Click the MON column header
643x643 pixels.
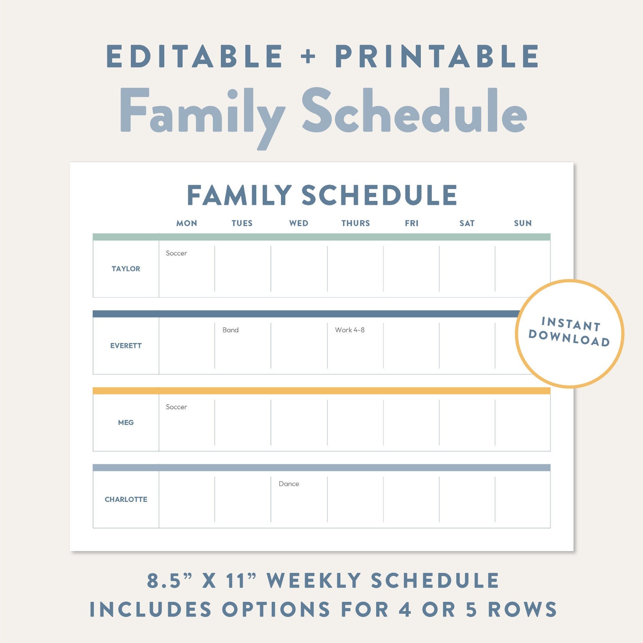[187, 223]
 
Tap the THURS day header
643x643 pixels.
[356, 223]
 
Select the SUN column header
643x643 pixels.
[523, 223]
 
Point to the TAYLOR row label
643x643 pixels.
[126, 269]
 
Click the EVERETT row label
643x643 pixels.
[126, 346]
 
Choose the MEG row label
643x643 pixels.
[126, 423]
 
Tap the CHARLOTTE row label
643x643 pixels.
[126, 500]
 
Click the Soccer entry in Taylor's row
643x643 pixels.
[177, 253]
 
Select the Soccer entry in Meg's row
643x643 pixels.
[177, 407]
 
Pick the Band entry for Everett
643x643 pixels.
[230, 330]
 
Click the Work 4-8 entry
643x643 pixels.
[350, 330]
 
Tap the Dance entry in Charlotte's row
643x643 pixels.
[289, 484]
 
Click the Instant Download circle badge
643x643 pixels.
[569, 334]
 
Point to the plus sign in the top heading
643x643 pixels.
[308, 56]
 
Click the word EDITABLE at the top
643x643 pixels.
[194, 56]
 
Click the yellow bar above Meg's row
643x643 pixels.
[321, 391]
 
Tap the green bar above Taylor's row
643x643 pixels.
[321, 237]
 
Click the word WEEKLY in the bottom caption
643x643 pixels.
[313, 581]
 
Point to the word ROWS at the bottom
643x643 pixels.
[522, 609]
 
